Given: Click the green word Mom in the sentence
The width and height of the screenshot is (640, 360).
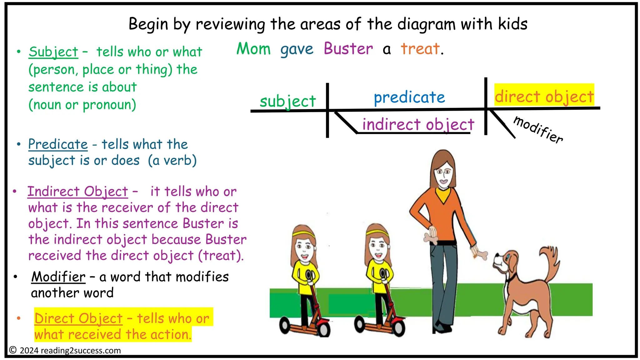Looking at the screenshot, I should [x=253, y=49].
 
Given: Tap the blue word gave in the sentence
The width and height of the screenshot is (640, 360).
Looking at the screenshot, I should [x=297, y=49].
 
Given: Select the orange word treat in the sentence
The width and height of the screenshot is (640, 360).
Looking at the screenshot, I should [x=420, y=49].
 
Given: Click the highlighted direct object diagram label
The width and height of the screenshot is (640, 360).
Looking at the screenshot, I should [x=544, y=96].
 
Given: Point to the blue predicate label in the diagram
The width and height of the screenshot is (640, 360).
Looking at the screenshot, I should [x=409, y=97].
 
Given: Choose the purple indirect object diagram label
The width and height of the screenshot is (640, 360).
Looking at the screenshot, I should [x=418, y=124].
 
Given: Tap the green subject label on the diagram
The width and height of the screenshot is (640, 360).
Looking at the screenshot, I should [x=288, y=101].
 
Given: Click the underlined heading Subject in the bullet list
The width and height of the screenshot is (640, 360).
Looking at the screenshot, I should [x=53, y=52].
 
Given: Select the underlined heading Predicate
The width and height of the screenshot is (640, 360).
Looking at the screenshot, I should [x=58, y=144].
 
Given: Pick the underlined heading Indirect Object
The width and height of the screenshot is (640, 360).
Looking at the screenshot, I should [x=77, y=192].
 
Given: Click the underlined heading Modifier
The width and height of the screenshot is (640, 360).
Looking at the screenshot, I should [x=58, y=277].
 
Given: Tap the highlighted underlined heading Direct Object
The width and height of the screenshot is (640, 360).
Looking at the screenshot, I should [x=78, y=318].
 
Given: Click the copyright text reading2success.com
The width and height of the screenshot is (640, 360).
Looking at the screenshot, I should [x=81, y=351].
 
